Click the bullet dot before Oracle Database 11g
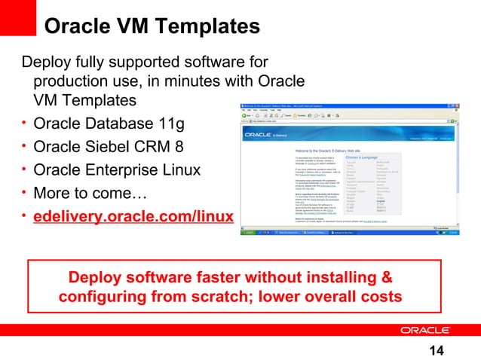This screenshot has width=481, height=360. (26, 122)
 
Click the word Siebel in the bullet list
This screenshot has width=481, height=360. (112, 147)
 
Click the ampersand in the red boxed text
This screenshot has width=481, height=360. (385, 274)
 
